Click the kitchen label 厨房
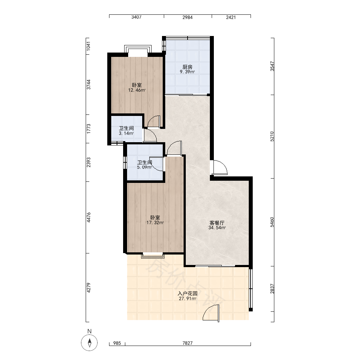[187, 67]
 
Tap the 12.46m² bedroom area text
[137, 90]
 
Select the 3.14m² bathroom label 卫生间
[126, 128]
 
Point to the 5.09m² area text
[144, 167]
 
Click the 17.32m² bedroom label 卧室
[155, 217]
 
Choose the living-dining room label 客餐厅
[217, 223]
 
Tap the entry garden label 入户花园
[188, 293]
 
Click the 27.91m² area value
[188, 299]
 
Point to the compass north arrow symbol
[90, 343]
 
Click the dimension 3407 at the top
[136, 17]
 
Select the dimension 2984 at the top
[188, 17]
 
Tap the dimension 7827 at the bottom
[188, 343]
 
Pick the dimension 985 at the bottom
[117, 343]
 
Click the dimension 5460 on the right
[272, 222]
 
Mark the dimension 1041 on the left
[89, 46]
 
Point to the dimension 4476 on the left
[89, 217]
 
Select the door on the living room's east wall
[219, 167]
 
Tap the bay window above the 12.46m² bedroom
[138, 49]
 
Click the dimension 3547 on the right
[272, 66]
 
